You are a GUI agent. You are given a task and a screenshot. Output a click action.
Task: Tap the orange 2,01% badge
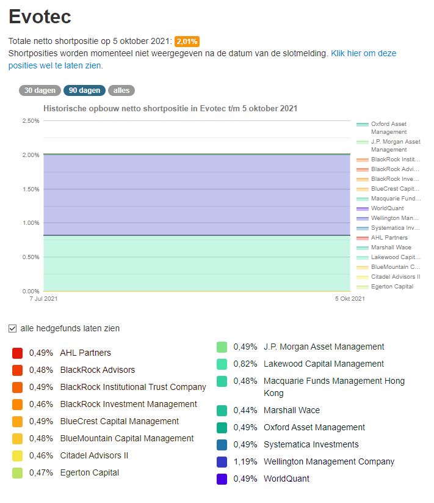pos(187,42)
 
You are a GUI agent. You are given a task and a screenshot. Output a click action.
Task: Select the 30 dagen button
pos(40,90)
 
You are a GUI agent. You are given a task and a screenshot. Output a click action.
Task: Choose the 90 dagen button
pos(84,90)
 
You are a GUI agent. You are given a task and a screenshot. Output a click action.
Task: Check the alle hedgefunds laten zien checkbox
pos(13,328)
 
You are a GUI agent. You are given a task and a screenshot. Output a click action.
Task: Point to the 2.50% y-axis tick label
pos(31,121)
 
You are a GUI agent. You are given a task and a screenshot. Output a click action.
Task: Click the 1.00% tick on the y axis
pos(31,223)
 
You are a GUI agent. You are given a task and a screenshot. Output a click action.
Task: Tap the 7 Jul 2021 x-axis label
pos(43,299)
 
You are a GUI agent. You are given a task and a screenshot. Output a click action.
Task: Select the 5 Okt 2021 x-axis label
pos(350,299)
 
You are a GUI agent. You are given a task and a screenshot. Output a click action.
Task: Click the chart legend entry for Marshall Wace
pos(391,248)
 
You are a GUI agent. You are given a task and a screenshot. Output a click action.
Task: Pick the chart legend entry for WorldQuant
pos(387,208)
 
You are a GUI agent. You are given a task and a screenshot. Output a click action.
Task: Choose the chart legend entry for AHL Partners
pos(389,238)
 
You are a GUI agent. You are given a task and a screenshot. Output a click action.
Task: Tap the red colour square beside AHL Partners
pos(17,353)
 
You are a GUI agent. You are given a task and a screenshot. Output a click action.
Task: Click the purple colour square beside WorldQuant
pos(222,479)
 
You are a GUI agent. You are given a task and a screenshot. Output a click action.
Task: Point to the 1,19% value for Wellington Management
pos(246,461)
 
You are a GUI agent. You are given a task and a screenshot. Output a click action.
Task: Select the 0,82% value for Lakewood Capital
pos(246,364)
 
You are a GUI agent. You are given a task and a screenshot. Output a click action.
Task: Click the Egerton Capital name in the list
pos(90,472)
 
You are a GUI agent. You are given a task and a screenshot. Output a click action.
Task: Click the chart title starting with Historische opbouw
pos(170,109)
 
